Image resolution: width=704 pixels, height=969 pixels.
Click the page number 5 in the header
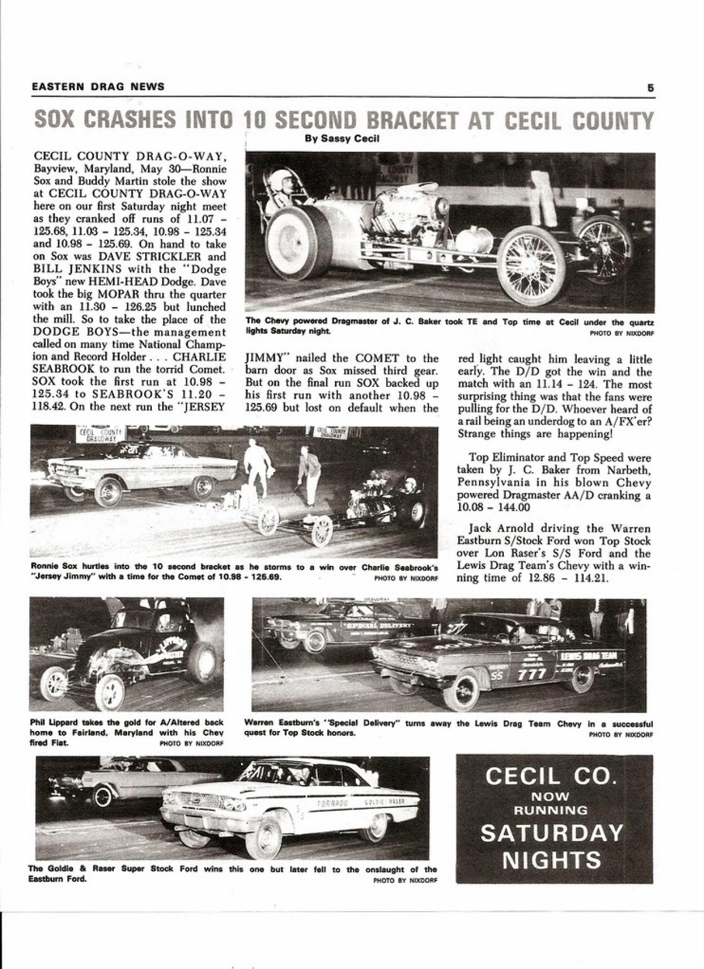(x=650, y=87)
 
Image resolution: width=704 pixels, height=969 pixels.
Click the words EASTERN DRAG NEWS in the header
(x=98, y=87)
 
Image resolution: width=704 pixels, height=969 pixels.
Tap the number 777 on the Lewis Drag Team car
(x=532, y=674)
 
